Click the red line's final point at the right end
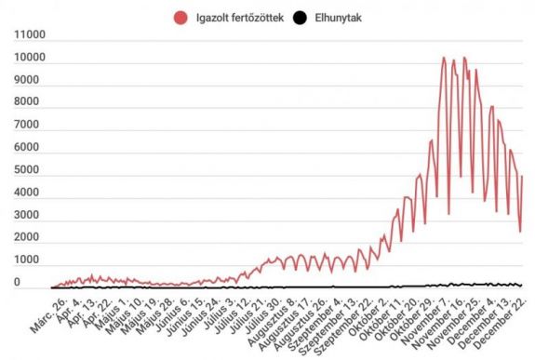pos(522,176)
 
